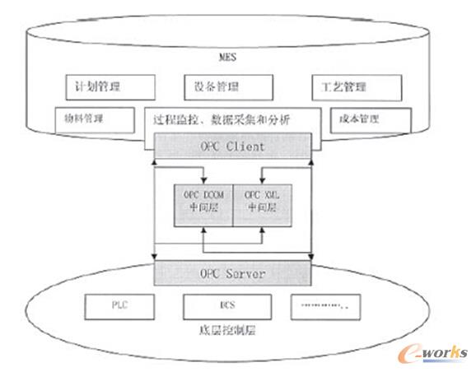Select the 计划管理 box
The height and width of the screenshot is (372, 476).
pos(109,86)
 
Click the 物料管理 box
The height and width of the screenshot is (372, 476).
pos(91,117)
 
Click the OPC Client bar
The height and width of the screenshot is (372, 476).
pos(232,148)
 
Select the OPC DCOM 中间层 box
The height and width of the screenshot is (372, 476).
pos(201,201)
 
